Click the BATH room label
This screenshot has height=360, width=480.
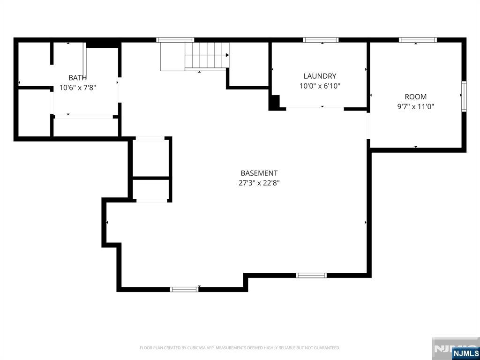click(x=77, y=77)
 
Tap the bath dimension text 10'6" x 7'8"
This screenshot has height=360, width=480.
click(x=77, y=87)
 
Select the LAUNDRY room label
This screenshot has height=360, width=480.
click(x=320, y=76)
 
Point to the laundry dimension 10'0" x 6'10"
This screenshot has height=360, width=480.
click(x=320, y=86)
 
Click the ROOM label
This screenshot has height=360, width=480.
click(x=415, y=97)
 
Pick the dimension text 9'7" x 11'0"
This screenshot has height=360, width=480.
click(x=415, y=106)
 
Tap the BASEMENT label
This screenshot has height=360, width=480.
click(x=259, y=173)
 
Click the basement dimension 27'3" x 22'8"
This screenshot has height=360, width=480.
click(x=259, y=183)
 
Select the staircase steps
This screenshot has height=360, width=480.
click(x=206, y=55)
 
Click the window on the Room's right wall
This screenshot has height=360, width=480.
click(x=464, y=96)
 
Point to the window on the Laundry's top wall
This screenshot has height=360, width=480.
click(x=321, y=40)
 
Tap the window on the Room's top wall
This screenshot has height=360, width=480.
click(x=418, y=40)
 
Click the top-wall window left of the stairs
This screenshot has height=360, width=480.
click(x=175, y=40)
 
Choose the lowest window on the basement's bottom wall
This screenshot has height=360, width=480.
click(x=184, y=289)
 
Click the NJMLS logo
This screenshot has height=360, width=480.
click(x=465, y=353)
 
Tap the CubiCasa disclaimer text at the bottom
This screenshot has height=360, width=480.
click(x=240, y=348)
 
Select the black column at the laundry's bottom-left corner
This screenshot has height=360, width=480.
click(x=275, y=102)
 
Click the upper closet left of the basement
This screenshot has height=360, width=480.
click(x=150, y=157)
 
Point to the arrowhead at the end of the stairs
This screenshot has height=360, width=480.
click(x=227, y=55)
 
